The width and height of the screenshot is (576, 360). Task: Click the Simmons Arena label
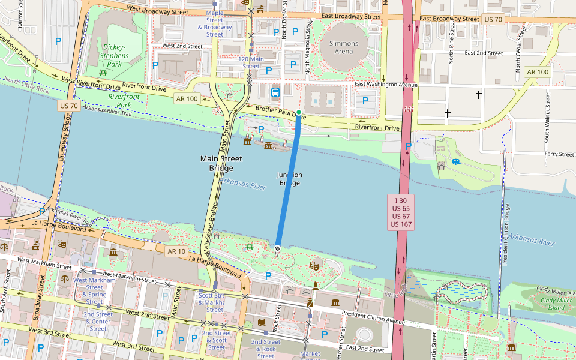click(x=344, y=47)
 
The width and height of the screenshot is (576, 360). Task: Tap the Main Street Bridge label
click(x=221, y=163)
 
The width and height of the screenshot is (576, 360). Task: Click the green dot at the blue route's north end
click(x=299, y=112)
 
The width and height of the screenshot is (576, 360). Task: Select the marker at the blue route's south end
click(x=278, y=248)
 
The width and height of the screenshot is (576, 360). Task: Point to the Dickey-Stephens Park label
click(x=114, y=55)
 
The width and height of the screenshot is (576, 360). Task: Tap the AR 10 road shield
click(x=176, y=251)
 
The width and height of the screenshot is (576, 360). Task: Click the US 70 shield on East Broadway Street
click(x=493, y=19)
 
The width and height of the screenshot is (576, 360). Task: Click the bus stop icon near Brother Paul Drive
click(x=275, y=92)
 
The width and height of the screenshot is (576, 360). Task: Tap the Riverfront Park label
click(x=124, y=100)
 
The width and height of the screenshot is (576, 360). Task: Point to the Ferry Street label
click(x=559, y=154)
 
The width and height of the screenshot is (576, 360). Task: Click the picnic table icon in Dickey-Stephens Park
click(x=104, y=72)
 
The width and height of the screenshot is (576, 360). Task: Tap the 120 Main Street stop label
click(x=251, y=63)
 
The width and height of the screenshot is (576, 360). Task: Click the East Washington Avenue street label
click(x=385, y=85)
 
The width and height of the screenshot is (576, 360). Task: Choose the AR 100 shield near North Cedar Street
click(x=537, y=72)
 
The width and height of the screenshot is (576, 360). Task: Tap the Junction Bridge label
click(x=289, y=179)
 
